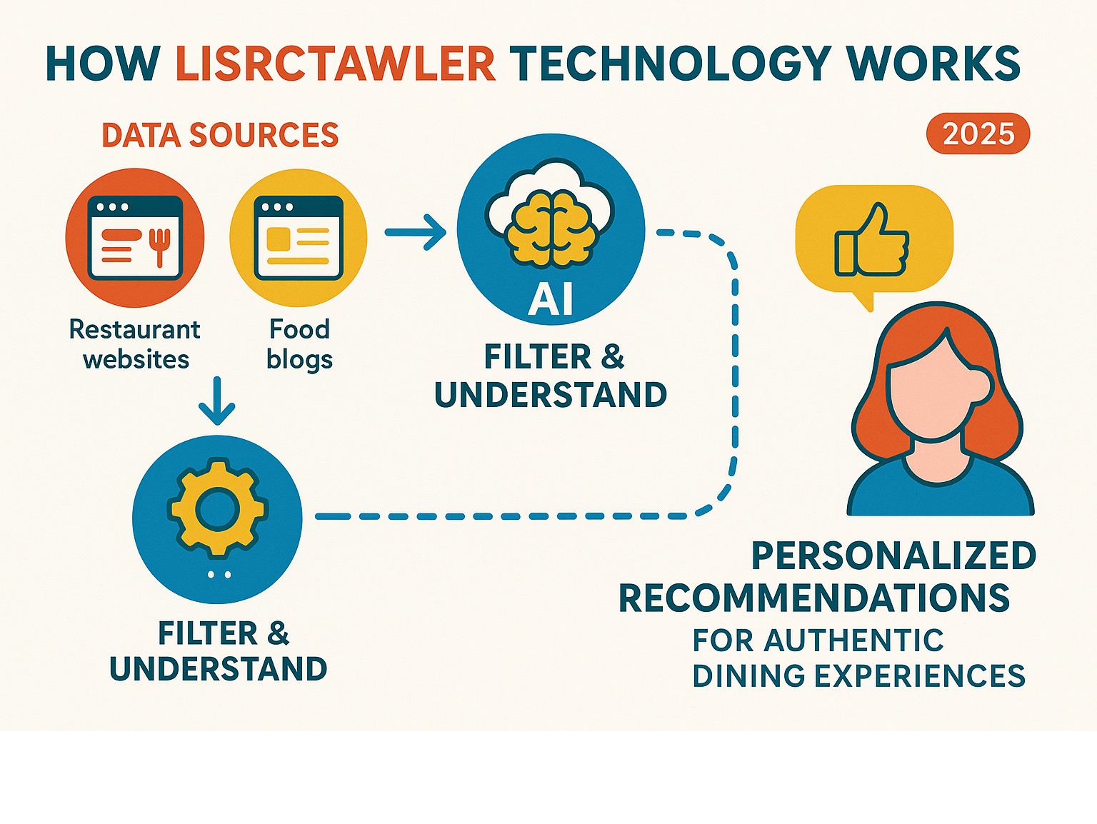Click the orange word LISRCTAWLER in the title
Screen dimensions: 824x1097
click(x=335, y=64)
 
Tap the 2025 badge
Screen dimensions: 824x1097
click(x=978, y=134)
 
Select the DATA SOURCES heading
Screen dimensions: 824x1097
click(x=220, y=135)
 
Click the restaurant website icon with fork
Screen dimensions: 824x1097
click(x=135, y=238)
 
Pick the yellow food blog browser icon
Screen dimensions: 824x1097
click(x=299, y=238)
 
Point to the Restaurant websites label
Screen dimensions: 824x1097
click(x=135, y=344)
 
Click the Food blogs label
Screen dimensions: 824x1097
click(x=299, y=344)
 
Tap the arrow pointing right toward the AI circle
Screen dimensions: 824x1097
click(x=416, y=231)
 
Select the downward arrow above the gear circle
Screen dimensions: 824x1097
click(x=217, y=401)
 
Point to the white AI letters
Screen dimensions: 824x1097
click(x=551, y=299)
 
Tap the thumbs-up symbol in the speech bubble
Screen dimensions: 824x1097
click(x=872, y=241)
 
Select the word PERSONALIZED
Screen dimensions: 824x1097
click(x=893, y=556)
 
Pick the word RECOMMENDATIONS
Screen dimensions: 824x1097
click(x=814, y=598)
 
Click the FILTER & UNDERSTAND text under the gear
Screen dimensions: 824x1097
click(x=219, y=651)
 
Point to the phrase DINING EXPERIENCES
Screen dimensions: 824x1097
click(x=858, y=675)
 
